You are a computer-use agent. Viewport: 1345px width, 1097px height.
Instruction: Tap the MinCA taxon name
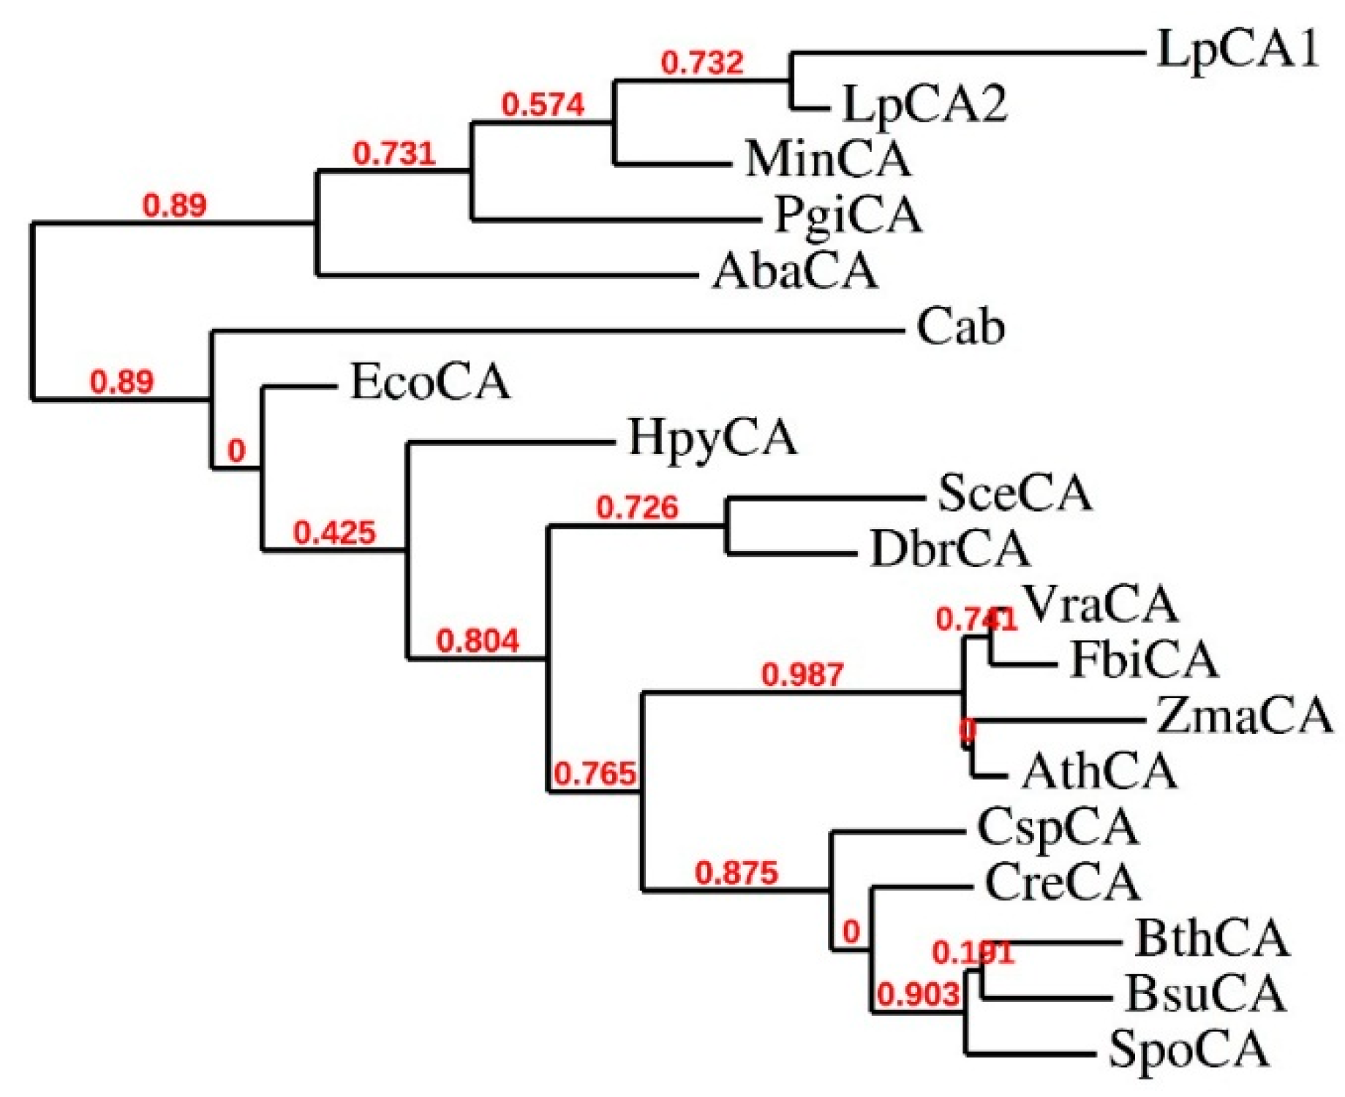(829, 159)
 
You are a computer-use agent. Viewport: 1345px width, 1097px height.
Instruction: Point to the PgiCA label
(848, 215)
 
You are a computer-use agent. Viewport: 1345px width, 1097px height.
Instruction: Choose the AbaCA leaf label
(795, 271)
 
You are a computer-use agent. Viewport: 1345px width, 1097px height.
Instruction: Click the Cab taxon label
(960, 327)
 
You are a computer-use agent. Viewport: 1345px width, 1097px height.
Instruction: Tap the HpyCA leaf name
(712, 439)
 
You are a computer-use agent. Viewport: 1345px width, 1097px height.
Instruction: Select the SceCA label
(1015, 493)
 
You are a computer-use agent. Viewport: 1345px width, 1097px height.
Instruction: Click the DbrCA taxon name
(950, 549)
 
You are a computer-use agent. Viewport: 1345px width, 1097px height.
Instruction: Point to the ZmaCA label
(1244, 715)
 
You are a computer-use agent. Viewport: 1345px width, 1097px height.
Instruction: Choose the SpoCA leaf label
(1189, 1049)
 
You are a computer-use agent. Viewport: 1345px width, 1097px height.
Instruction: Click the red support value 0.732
(702, 63)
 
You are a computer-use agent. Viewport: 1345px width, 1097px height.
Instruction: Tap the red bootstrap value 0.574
(543, 105)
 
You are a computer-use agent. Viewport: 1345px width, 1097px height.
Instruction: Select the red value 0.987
(802, 675)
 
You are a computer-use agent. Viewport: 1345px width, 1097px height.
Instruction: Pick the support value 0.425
(334, 533)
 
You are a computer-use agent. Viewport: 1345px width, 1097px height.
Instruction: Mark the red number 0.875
(736, 873)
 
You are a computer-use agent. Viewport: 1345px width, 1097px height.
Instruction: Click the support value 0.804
(478, 641)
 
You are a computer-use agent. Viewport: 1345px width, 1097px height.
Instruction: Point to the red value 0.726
(637, 507)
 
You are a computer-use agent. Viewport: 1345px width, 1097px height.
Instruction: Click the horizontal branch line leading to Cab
(556, 332)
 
